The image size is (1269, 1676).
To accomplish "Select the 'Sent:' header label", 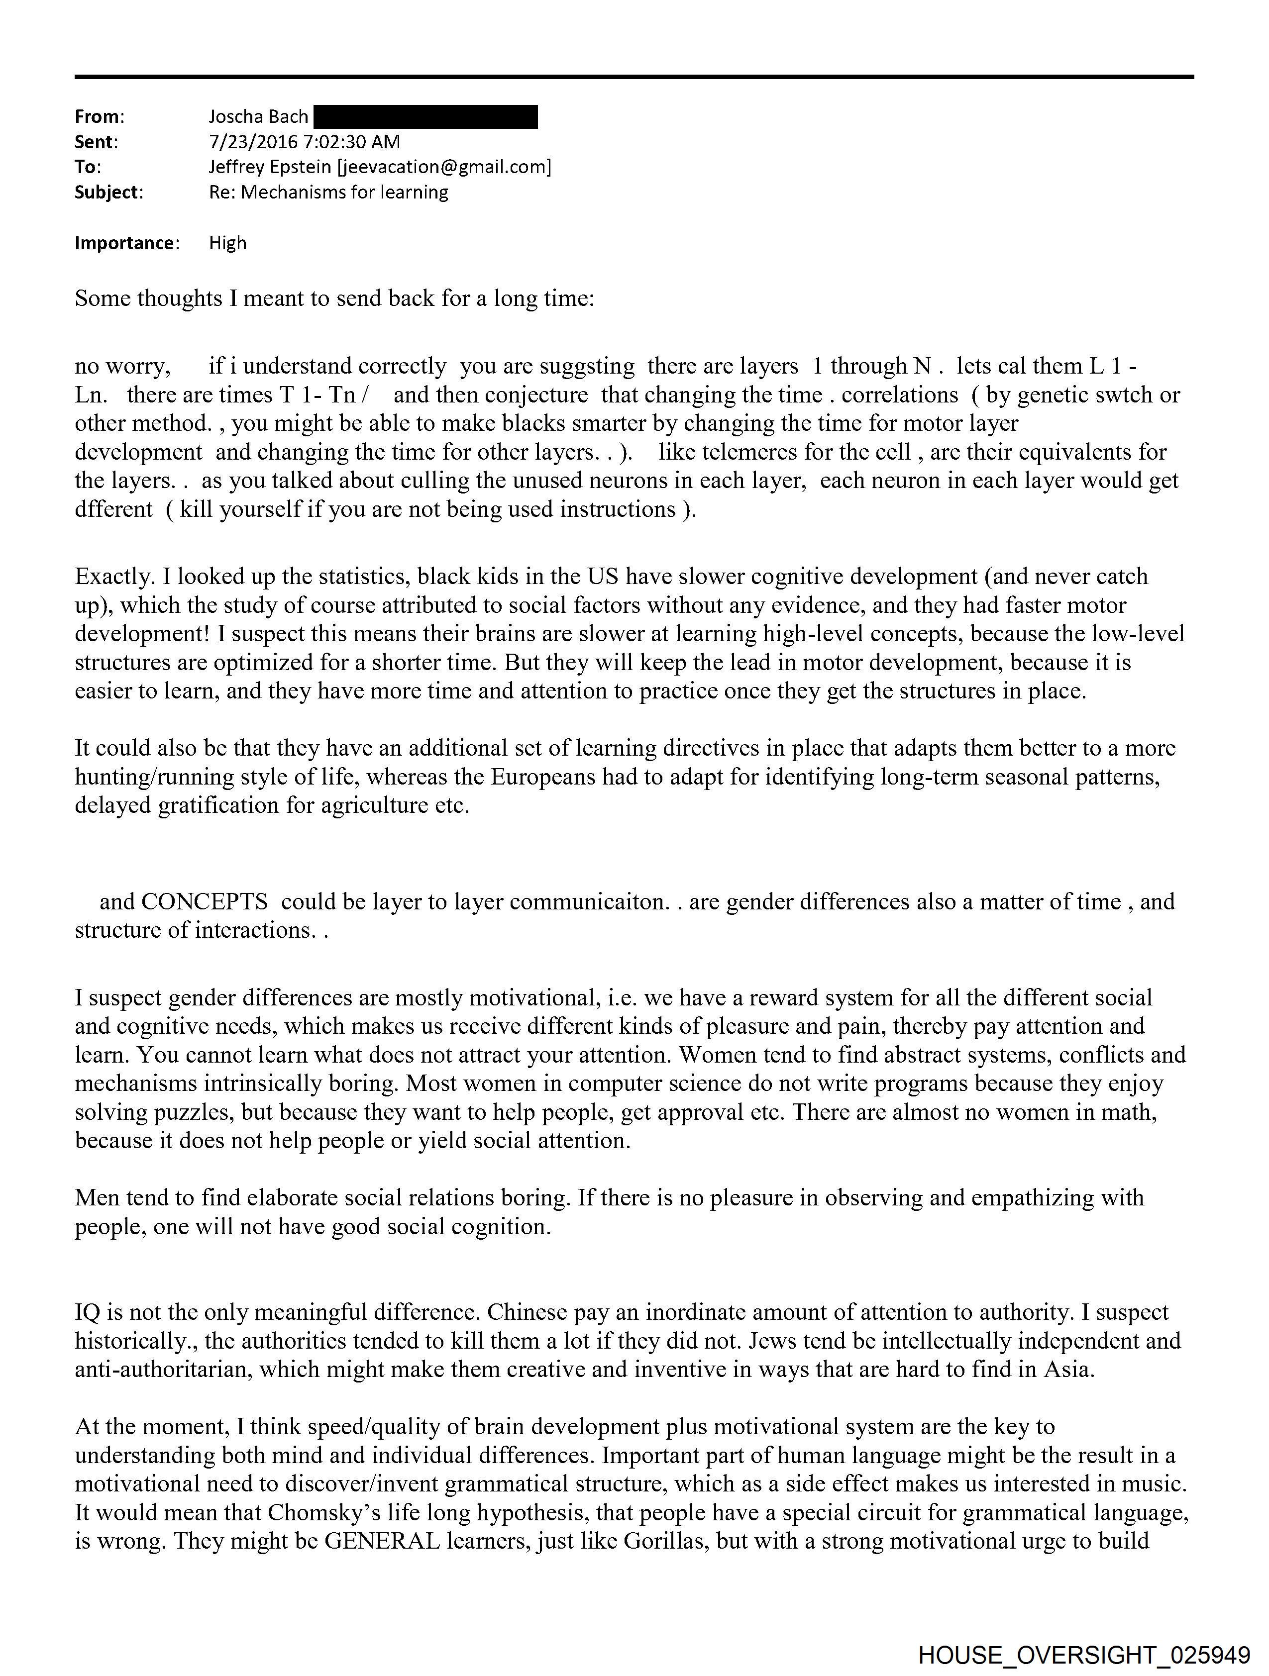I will click(x=96, y=142).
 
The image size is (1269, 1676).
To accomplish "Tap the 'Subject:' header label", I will click(x=108, y=193).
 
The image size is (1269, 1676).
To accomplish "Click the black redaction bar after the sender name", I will click(x=425, y=117).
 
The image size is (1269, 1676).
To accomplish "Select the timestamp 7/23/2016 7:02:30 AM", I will click(x=305, y=142).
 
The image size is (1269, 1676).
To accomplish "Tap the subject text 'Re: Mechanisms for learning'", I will click(x=328, y=193).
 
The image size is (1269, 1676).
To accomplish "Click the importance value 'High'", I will click(x=227, y=243).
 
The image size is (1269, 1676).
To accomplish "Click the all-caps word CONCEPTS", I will click(x=204, y=901).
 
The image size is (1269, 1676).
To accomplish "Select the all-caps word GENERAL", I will click(x=382, y=1541).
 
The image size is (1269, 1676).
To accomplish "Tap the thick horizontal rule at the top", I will click(x=634, y=77).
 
